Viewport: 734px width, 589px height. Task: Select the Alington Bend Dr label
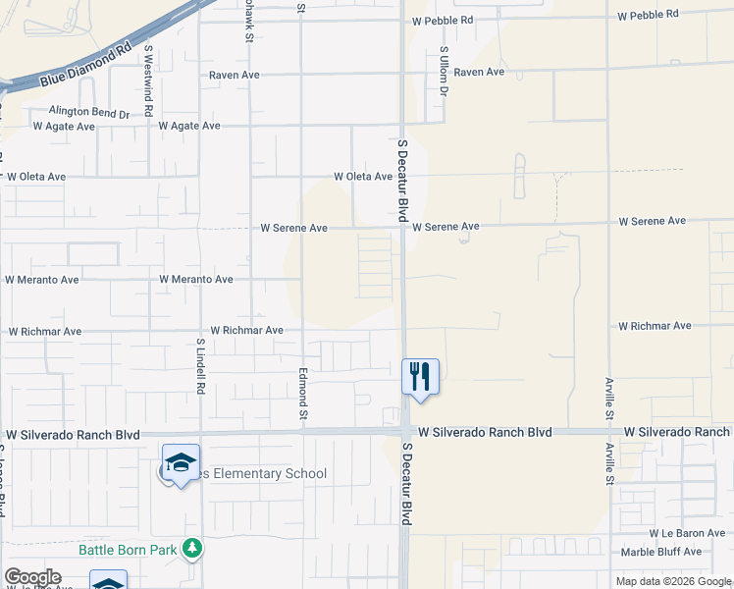[89, 113]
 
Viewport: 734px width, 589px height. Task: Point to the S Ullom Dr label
[444, 71]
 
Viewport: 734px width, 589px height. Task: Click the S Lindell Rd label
[200, 367]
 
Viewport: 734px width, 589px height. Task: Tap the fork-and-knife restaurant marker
[419, 376]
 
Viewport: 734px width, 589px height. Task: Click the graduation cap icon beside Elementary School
[181, 462]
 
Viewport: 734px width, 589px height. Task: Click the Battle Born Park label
[129, 550]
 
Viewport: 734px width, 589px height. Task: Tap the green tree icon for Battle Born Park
[193, 549]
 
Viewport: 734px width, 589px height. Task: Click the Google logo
[32, 577]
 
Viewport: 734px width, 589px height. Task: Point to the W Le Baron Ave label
[687, 534]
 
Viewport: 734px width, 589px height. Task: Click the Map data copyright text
[674, 581]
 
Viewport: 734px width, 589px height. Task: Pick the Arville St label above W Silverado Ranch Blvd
[608, 401]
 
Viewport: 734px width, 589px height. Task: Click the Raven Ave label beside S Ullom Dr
[479, 73]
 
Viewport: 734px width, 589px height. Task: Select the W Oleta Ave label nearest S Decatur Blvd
[363, 178]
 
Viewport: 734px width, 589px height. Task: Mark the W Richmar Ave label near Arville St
[655, 326]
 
